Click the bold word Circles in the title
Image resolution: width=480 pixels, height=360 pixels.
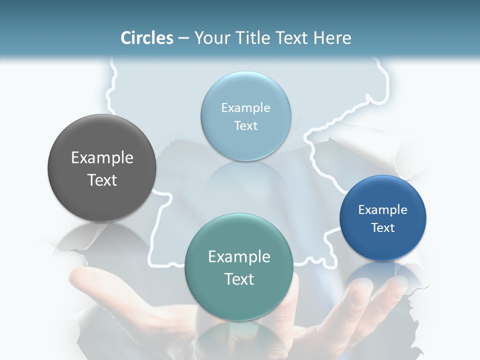146,38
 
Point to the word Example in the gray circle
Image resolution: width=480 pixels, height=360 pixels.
102,158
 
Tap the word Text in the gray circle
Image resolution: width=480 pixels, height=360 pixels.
102,180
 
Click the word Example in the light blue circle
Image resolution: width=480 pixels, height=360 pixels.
245,108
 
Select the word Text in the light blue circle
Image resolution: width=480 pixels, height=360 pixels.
245,126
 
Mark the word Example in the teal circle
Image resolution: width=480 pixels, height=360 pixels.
239,257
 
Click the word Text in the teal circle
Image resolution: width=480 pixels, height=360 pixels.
239,279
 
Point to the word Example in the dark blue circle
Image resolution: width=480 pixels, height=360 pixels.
383,210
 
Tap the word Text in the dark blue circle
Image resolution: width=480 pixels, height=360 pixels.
383,228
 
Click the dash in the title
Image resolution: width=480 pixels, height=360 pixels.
183,38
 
